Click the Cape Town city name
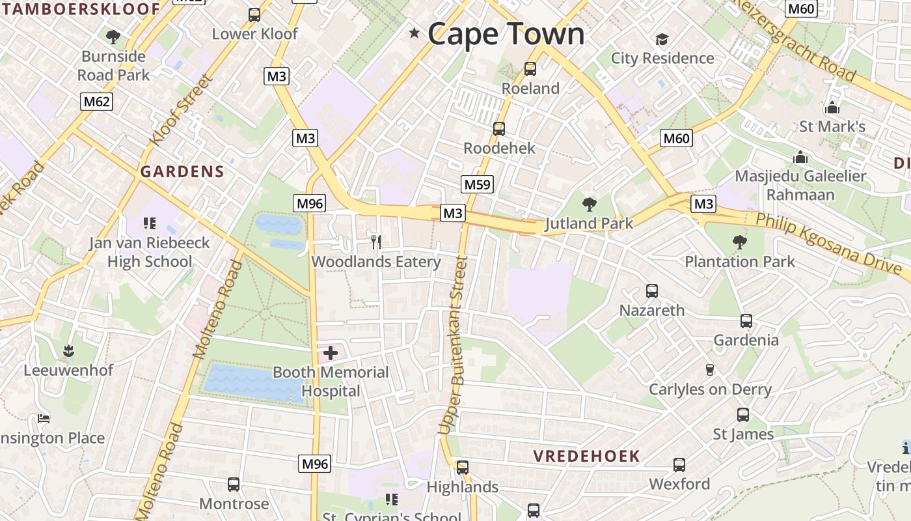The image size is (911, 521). (506, 34)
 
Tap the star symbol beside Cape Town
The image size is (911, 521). (414, 33)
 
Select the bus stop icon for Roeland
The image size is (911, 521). (530, 68)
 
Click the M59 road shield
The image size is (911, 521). (477, 184)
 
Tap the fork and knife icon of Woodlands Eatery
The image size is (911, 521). (375, 242)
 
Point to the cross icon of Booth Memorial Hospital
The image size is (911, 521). (331, 353)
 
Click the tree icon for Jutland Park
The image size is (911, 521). (589, 204)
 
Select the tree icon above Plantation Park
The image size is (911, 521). (739, 242)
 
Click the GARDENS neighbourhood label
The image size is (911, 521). (182, 172)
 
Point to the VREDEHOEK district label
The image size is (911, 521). (587, 456)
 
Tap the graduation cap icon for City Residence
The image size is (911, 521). (662, 39)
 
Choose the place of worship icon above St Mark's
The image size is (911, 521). (832, 107)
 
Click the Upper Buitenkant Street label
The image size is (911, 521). (454, 345)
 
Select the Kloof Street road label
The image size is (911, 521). (180, 110)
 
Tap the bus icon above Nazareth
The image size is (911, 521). (652, 291)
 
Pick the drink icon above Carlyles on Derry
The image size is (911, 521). (710, 370)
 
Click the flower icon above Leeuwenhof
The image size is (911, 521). (68, 352)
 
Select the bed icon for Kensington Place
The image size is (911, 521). (44, 418)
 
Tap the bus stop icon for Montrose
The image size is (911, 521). (234, 485)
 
